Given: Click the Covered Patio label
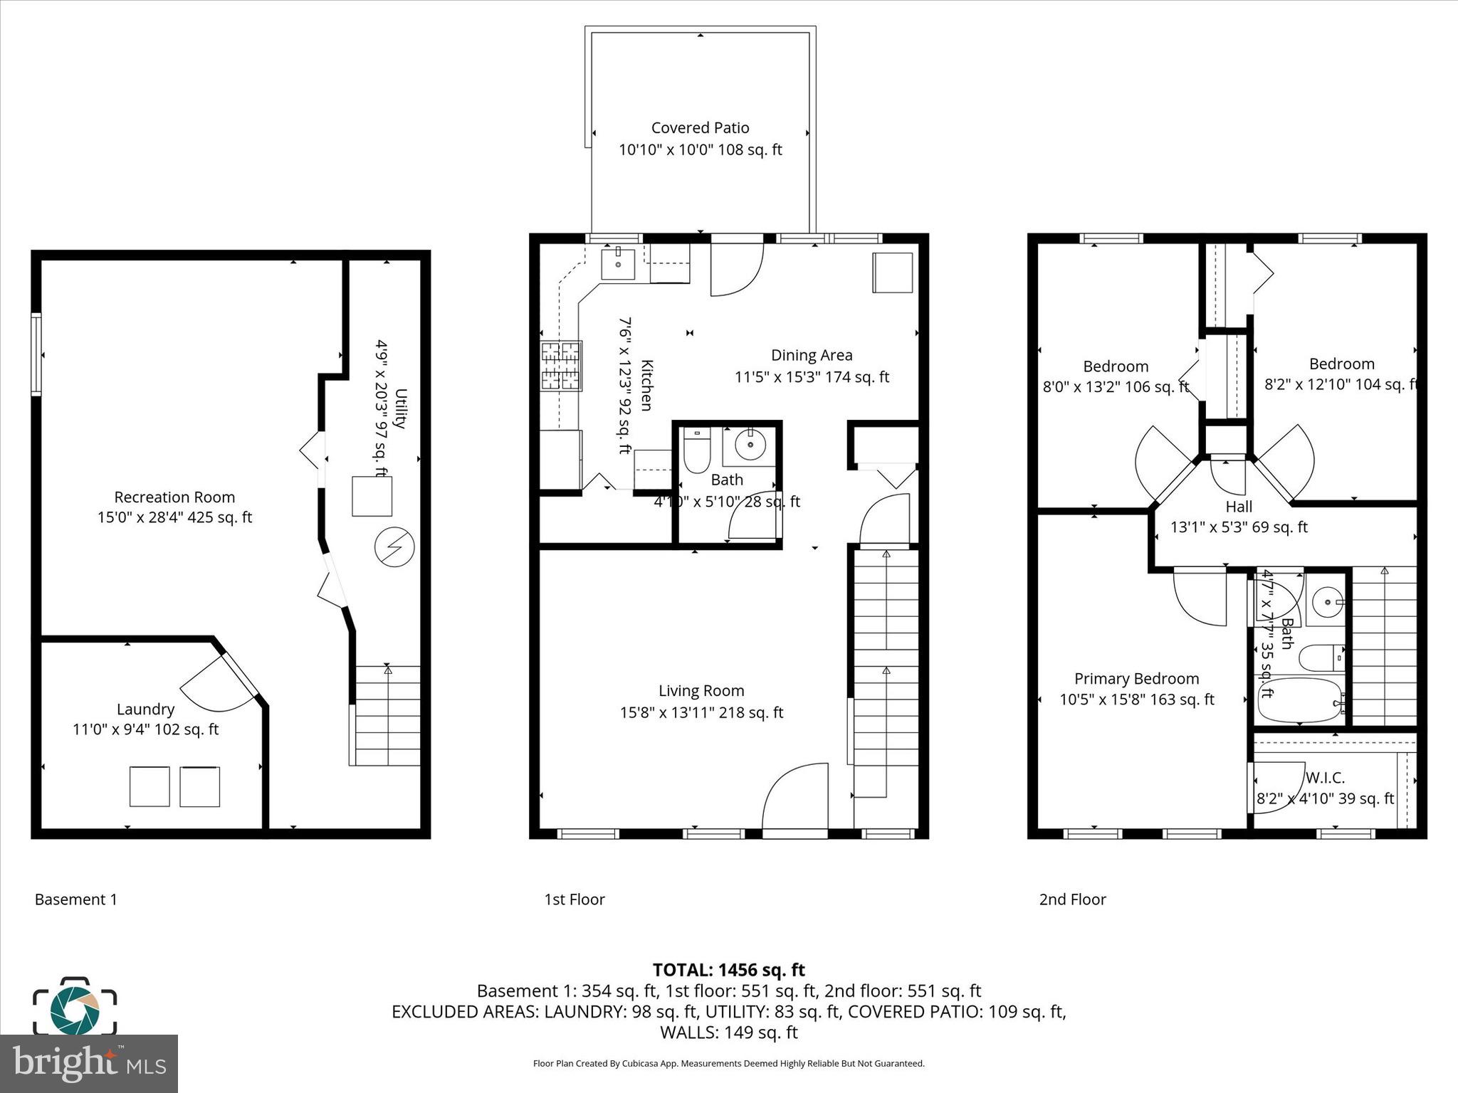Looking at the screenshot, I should point(700,128).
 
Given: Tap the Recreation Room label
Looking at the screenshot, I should point(174,497).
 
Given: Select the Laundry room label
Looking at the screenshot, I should point(145,709).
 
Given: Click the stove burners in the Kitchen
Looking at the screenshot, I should point(562,366).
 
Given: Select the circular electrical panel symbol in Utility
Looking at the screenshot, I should point(394,546).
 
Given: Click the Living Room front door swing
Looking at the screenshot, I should point(796,797).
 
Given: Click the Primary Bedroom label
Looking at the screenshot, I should point(1136,679).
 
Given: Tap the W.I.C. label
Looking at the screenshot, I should point(1325,778).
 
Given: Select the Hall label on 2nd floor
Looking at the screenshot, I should point(1239,507).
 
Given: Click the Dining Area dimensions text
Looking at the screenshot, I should point(812,377).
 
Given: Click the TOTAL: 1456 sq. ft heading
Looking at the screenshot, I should point(728,970).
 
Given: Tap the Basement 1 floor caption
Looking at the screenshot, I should point(76,899).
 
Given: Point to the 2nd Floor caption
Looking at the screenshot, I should point(1072,899).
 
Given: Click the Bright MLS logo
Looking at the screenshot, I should point(89,1063).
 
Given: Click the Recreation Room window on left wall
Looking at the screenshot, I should point(36,354).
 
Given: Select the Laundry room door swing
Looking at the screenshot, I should point(217,683).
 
